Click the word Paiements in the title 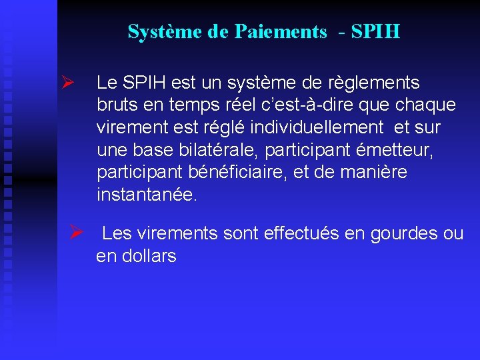[281, 32]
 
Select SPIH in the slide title [374, 32]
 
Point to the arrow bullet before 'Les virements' [76, 233]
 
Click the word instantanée [147, 195]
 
